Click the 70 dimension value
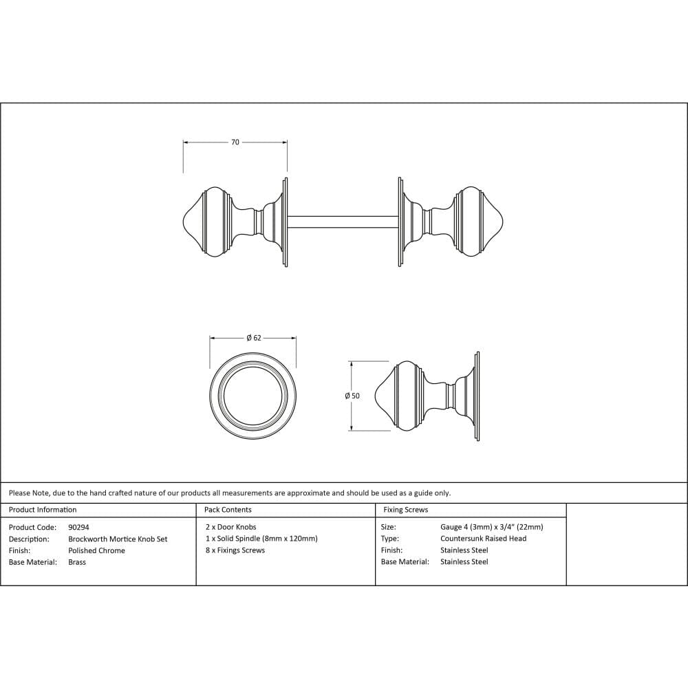tap(235, 142)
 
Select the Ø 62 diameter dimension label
tap(253, 338)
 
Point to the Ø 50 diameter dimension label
tap(352, 396)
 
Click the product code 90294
tap(78, 527)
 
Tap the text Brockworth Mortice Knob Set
tap(118, 539)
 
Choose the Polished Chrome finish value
tap(96, 550)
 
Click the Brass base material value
tap(77, 562)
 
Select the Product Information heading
tap(43, 510)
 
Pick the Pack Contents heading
tap(228, 510)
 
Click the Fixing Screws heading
tap(405, 510)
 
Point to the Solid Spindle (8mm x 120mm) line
tap(261, 539)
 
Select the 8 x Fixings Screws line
tap(235, 550)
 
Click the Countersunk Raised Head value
tap(483, 539)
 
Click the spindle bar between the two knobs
tap(342, 222)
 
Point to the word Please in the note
tap(20, 493)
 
